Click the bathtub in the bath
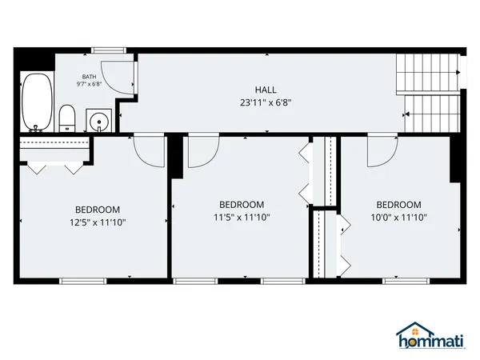tap(34, 102)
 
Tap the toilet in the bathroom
tap(68, 118)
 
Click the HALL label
tap(266, 90)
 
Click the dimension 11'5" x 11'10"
tap(242, 217)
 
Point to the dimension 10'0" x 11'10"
tap(398, 217)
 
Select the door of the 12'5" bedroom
tap(149, 148)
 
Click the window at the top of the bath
tap(105, 51)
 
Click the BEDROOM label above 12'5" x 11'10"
tap(98, 210)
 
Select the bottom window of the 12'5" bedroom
tap(84, 280)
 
